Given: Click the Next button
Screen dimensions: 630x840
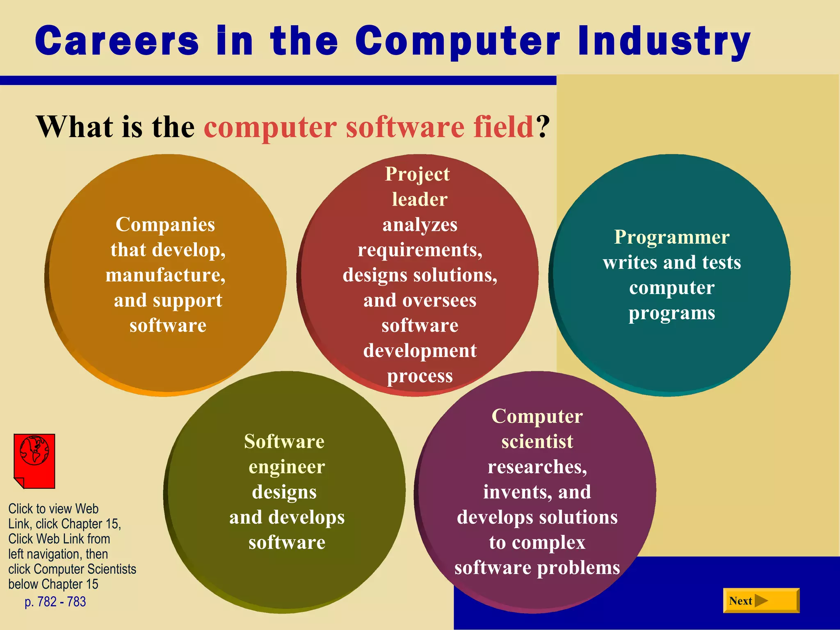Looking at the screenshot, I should (x=761, y=600).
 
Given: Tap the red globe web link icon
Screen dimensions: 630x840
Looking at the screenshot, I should (x=34, y=461).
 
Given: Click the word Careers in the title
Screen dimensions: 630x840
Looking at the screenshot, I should (x=117, y=41).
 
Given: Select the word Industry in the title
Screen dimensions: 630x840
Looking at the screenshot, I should (x=664, y=41).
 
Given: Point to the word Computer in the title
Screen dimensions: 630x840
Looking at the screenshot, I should (x=457, y=41).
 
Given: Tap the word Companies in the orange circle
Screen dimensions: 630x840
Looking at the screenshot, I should (x=165, y=224).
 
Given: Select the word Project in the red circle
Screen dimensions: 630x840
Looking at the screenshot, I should (x=417, y=174).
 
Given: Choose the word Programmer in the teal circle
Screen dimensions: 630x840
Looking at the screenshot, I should (x=671, y=237).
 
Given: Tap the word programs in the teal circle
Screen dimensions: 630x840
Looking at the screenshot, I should (x=672, y=313).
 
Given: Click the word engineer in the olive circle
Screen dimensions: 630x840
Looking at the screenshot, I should (x=287, y=467).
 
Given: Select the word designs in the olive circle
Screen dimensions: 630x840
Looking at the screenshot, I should (x=284, y=492).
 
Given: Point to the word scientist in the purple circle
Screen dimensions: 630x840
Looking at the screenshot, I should (x=537, y=442).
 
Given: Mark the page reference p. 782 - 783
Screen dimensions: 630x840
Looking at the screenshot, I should (x=55, y=602).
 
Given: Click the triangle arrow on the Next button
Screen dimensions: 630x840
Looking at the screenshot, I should (x=761, y=600).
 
